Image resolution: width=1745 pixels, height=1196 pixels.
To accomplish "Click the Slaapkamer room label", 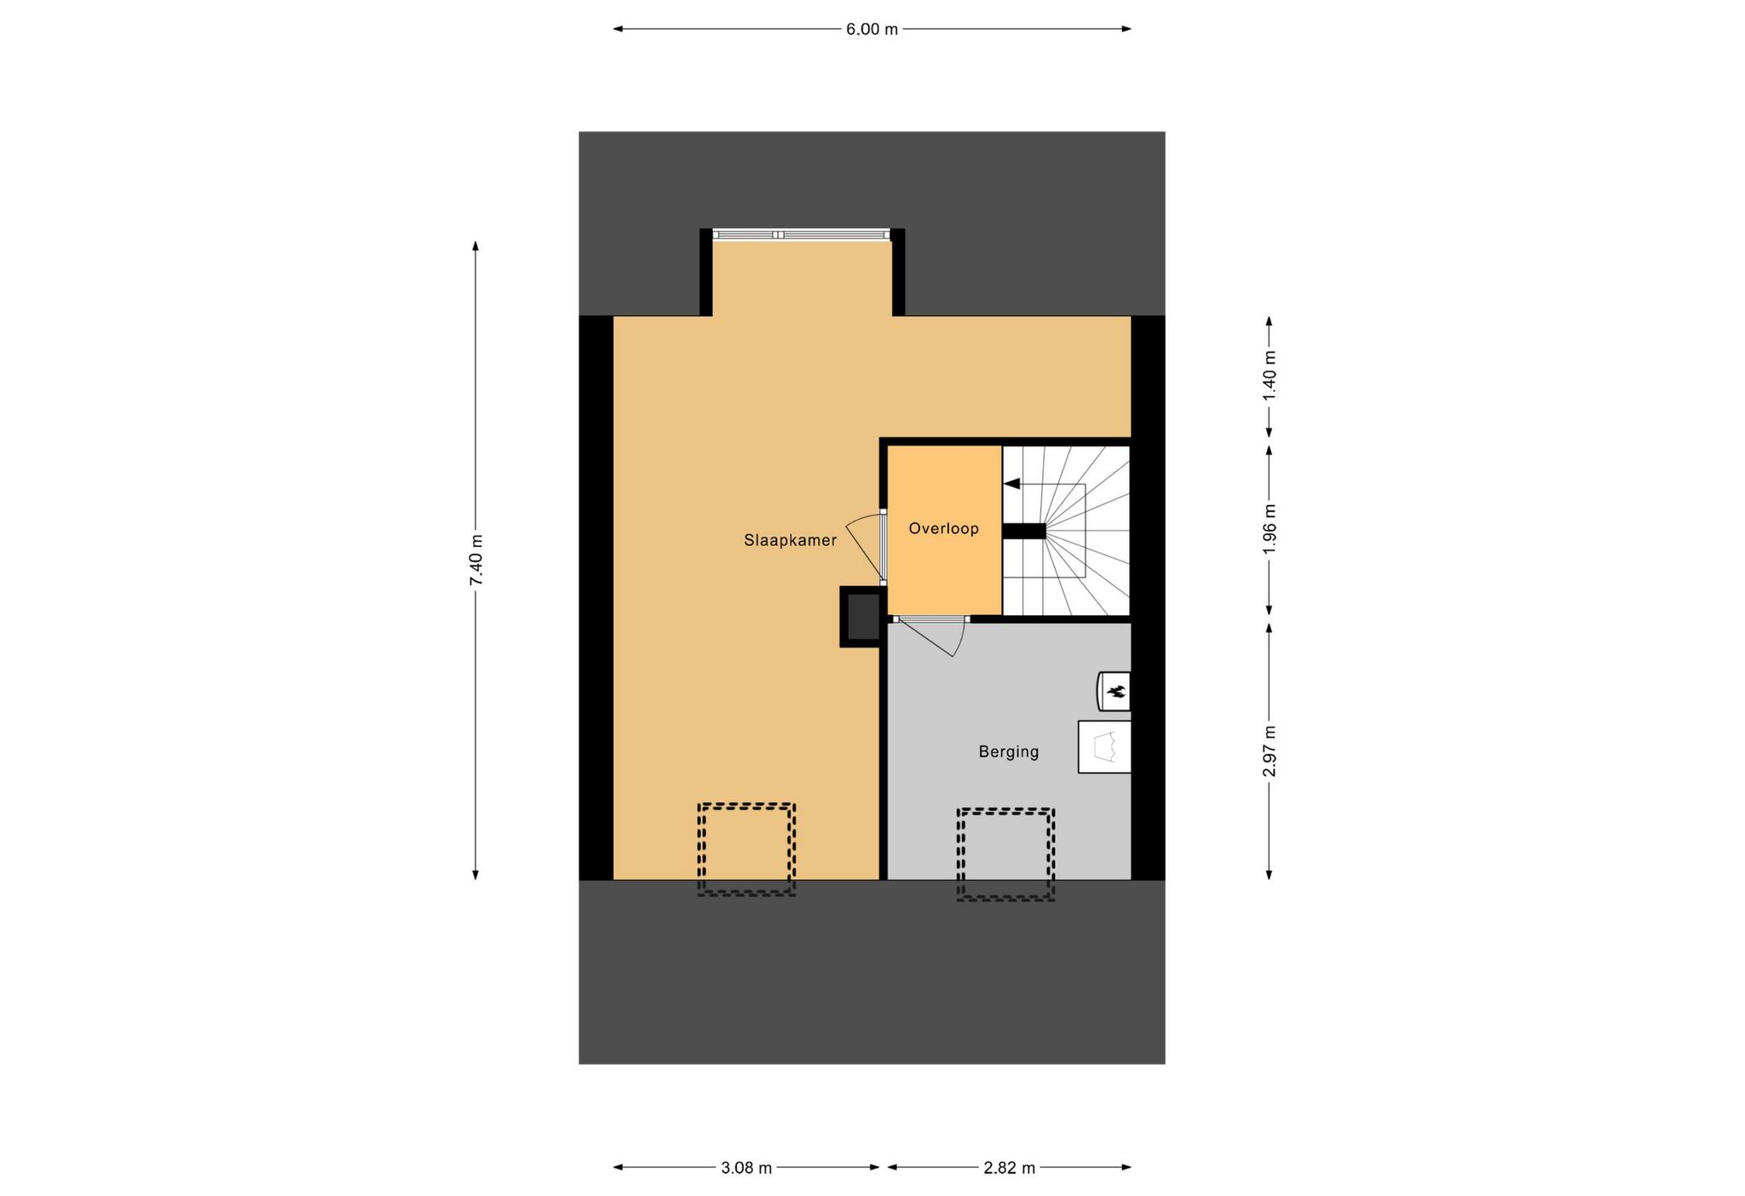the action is pyautogui.click(x=790, y=540).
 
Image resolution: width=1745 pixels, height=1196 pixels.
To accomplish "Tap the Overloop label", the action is pyautogui.click(x=943, y=528).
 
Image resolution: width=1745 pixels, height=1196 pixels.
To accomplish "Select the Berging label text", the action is pyautogui.click(x=1009, y=752).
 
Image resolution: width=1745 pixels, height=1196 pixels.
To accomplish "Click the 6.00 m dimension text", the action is pyautogui.click(x=872, y=29).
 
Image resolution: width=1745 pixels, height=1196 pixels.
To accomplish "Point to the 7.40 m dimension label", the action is pyautogui.click(x=476, y=560).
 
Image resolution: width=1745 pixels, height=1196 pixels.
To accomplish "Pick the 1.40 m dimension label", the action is pyautogui.click(x=1270, y=376).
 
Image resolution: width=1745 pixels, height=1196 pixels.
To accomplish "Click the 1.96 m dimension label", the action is pyautogui.click(x=1270, y=529).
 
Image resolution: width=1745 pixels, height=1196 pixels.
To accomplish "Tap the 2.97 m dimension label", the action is pyautogui.click(x=1270, y=751).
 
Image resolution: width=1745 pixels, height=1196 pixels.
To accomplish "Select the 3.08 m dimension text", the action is pyautogui.click(x=746, y=1168).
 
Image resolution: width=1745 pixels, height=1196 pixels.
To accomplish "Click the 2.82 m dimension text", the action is pyautogui.click(x=1010, y=1168).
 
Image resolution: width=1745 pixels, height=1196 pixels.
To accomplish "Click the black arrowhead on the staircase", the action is pyautogui.click(x=1011, y=484).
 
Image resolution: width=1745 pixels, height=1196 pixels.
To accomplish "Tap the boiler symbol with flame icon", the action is pyautogui.click(x=1114, y=691).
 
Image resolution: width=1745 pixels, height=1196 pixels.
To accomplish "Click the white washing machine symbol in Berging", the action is pyautogui.click(x=1104, y=747).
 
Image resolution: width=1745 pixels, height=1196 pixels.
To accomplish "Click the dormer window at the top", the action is pyautogui.click(x=802, y=235).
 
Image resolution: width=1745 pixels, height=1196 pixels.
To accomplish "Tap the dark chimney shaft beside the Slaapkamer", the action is pyautogui.click(x=861, y=617).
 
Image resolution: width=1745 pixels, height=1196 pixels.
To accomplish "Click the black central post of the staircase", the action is pyautogui.click(x=1023, y=531).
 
